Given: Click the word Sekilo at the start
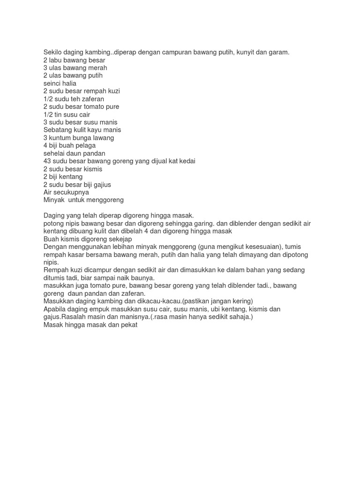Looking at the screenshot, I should point(53,52).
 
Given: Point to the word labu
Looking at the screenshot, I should point(56,60).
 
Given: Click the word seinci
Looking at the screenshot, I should point(53,83).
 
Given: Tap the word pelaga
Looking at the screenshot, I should point(85,145).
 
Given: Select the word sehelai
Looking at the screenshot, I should point(55,153).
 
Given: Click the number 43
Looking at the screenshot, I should point(47,161).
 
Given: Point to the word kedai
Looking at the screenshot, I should point(186,161).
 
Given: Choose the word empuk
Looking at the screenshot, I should point(98,309).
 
